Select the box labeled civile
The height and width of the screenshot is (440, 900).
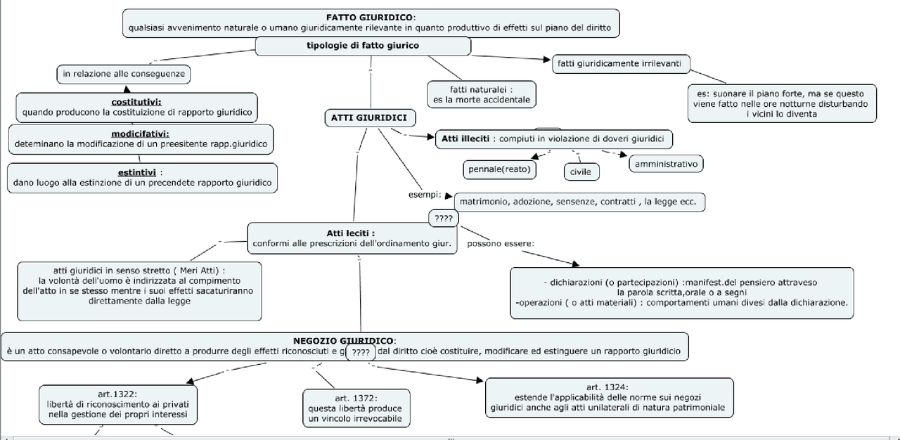580,172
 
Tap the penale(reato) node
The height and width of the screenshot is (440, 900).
499,169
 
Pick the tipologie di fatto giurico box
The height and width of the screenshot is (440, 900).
363,46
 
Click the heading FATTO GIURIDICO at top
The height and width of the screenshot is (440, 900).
371,17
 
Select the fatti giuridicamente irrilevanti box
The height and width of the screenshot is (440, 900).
619,63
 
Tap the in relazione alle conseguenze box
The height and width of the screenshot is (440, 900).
123,73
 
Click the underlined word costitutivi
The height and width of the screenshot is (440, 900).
136,101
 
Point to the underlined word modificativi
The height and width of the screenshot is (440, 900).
140,134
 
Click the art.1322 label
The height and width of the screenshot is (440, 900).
117,394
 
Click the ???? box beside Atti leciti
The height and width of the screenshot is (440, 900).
444,219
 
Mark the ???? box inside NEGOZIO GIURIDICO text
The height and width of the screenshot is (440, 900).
361,352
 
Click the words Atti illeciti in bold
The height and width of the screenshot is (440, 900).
465,138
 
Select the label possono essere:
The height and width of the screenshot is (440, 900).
500,244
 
